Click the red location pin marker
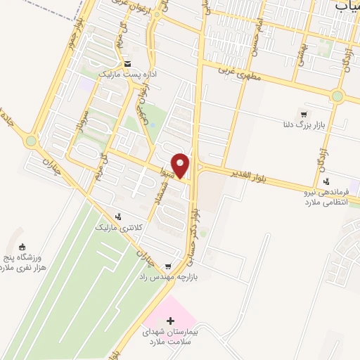tap(181, 165)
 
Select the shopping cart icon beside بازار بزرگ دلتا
tap(303, 114)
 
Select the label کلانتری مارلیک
tap(118, 227)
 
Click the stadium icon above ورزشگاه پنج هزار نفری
tap(22, 247)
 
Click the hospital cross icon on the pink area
tap(169, 320)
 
